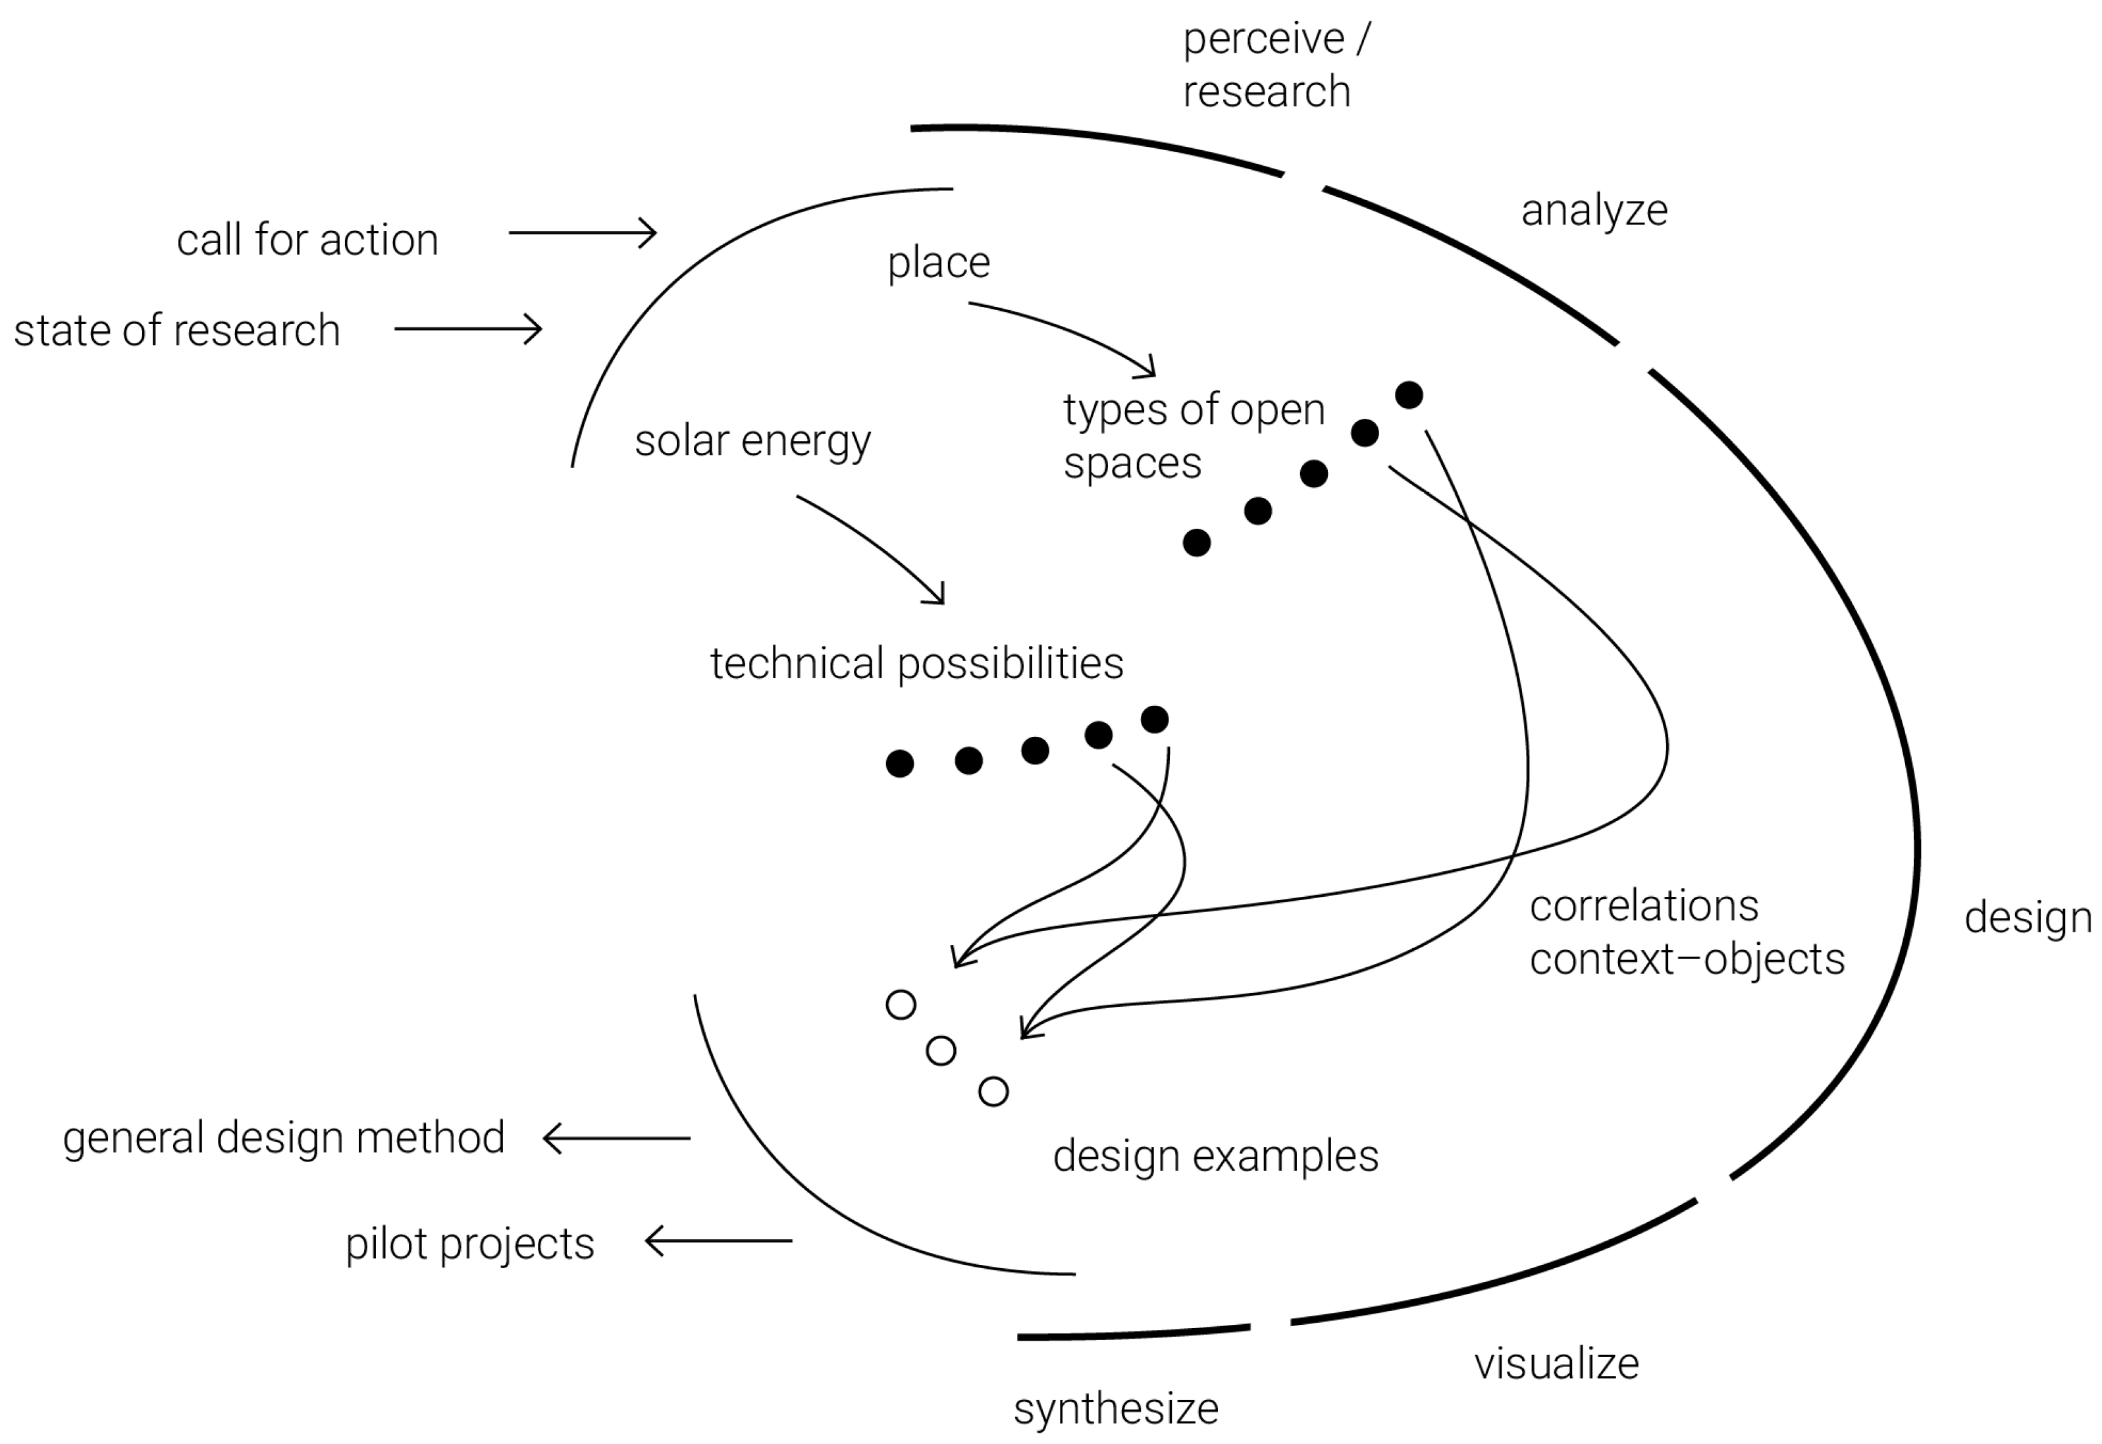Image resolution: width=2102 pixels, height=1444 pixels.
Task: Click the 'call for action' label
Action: click(x=307, y=241)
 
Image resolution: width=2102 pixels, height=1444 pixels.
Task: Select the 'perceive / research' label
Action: click(x=1275, y=65)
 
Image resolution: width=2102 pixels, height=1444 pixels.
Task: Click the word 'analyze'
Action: click(x=1594, y=211)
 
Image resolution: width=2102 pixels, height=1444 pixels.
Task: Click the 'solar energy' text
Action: click(x=752, y=442)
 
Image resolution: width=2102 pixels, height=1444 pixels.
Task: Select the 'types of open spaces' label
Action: click(x=1192, y=436)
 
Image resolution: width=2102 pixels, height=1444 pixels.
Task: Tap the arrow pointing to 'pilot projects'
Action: click(x=718, y=1241)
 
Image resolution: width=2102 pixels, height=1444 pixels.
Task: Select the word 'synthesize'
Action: click(x=1115, y=1408)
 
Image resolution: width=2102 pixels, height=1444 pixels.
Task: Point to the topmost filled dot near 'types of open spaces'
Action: click(x=1408, y=395)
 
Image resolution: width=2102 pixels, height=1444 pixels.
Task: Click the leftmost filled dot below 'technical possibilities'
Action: click(x=899, y=764)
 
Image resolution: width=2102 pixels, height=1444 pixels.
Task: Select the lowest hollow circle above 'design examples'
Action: click(x=993, y=1092)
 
